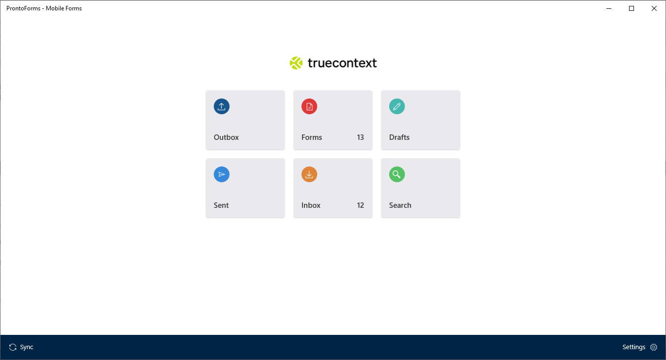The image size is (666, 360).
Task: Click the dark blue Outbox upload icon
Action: (x=222, y=106)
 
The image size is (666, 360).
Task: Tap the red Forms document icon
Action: (x=309, y=106)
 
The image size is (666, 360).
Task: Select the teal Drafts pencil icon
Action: (x=397, y=106)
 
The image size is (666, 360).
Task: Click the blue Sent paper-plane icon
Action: (x=222, y=174)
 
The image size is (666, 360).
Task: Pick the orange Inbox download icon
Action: (x=309, y=174)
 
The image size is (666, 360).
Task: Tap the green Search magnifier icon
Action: (x=397, y=174)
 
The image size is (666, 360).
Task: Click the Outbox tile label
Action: (x=226, y=137)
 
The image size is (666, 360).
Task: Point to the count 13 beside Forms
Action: (x=361, y=137)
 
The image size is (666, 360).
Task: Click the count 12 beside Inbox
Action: (x=361, y=205)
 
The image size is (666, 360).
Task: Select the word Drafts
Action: (x=400, y=137)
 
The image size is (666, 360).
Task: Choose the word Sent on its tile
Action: (x=221, y=205)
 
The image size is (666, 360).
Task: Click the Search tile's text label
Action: (x=400, y=205)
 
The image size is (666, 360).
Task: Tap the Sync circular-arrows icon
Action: (x=13, y=347)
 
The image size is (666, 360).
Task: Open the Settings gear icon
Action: (x=654, y=347)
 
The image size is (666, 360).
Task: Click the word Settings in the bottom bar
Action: (x=633, y=347)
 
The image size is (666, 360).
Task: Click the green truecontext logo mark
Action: (x=296, y=63)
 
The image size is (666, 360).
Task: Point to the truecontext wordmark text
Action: (x=342, y=63)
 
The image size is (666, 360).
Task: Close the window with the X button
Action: (x=654, y=8)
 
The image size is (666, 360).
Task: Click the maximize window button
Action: (x=632, y=8)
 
